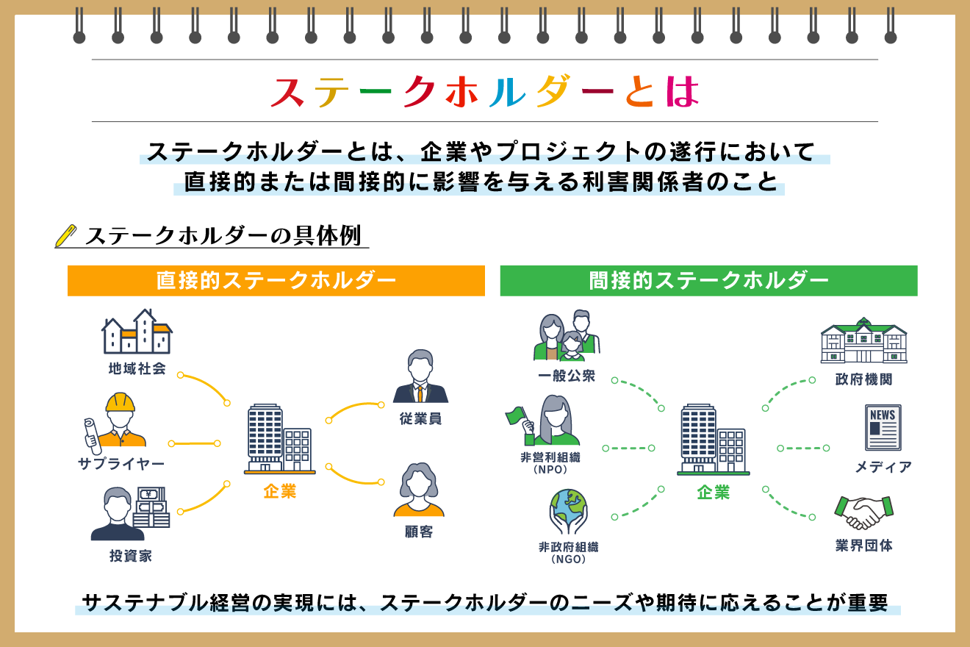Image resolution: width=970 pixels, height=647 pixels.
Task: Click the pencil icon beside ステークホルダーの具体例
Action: [x=66, y=235]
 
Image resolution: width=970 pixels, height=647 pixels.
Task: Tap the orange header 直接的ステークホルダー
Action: [x=276, y=281]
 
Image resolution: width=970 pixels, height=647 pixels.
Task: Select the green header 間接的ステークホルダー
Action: [x=708, y=281]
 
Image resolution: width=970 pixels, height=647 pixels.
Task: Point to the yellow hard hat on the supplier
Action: [x=121, y=402]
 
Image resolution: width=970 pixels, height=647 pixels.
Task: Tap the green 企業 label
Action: [x=713, y=493]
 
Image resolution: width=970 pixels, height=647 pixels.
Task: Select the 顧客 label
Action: [x=419, y=532]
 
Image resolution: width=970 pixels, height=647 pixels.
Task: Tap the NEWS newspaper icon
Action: [x=883, y=427]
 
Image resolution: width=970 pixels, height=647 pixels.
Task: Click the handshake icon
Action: [x=863, y=512]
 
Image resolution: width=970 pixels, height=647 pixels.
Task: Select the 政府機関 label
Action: [x=863, y=380]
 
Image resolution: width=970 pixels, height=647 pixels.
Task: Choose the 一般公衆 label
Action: [x=566, y=376]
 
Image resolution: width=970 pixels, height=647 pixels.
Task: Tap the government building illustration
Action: [x=863, y=340]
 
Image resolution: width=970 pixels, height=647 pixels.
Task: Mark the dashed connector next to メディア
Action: [x=802, y=448]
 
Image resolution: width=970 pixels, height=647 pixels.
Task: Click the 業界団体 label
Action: [x=863, y=546]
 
